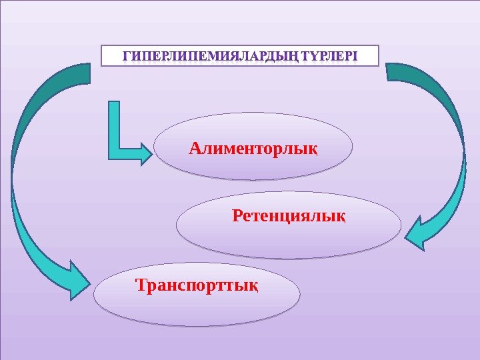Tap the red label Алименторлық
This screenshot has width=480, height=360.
pos(253,146)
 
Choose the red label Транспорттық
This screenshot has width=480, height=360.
pos(197,286)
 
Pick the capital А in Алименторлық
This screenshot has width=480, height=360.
pos(195,146)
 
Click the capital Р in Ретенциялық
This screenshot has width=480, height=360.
pos(238,216)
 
